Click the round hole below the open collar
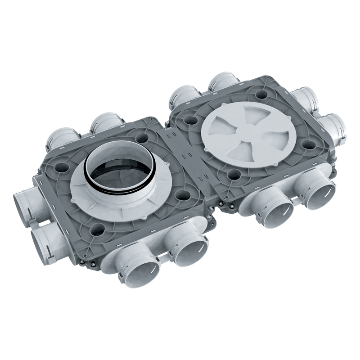pyautogui.click(x=96, y=230)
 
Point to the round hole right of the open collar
pyautogui.click(x=182, y=195)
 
